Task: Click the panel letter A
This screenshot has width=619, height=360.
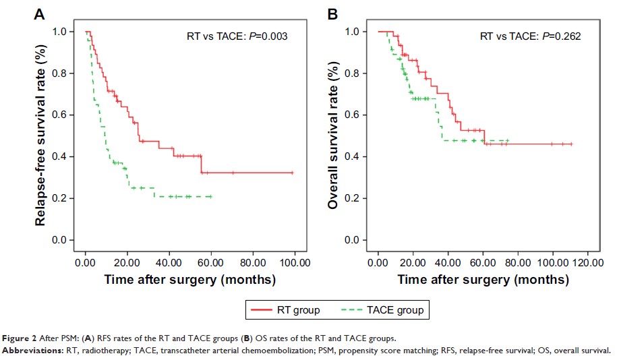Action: pyautogui.click(x=40, y=13)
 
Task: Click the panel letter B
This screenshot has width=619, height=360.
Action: pyautogui.click(x=332, y=13)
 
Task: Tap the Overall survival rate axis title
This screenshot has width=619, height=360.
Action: pyautogui.click(x=332, y=135)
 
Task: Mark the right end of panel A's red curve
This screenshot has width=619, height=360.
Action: pyautogui.click(x=293, y=173)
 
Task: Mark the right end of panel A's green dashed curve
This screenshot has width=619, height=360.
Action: pyautogui.click(x=212, y=196)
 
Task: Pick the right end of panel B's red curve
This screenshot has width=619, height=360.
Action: pyautogui.click(x=572, y=144)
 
